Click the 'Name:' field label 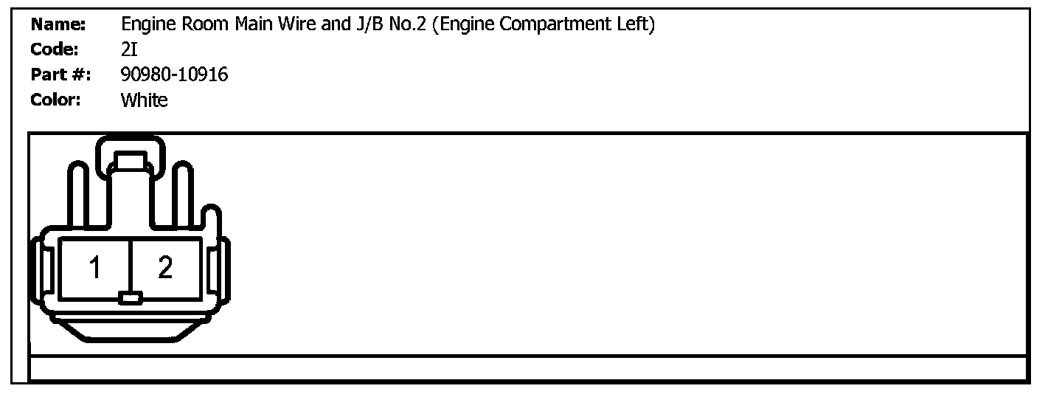[58, 25]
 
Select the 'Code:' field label [55, 49]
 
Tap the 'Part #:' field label [60, 75]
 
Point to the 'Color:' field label [55, 100]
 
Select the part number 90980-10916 [174, 75]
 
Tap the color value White [144, 100]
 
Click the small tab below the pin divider [131, 299]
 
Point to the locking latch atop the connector [131, 159]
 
